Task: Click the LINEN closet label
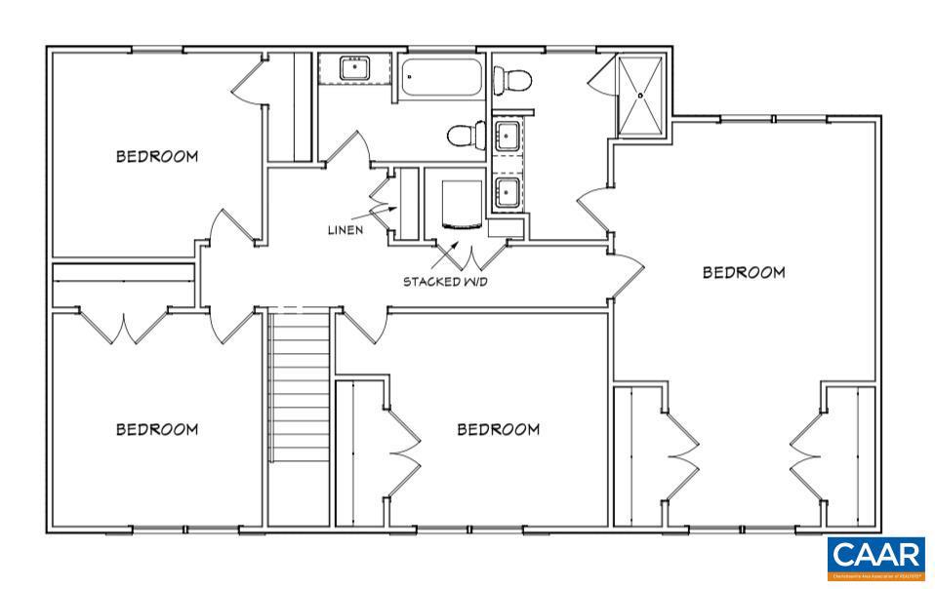346,230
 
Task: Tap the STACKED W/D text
445,282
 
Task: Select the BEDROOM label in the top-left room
157,156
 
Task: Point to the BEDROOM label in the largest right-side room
744,272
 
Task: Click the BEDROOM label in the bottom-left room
157,429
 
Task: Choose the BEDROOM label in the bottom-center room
499,429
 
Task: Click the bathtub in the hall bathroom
442,77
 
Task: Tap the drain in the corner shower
641,96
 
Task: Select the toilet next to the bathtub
466,134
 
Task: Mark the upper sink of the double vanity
508,136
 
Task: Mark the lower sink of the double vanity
508,191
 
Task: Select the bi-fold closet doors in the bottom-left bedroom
125,326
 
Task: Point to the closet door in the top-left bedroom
247,82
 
